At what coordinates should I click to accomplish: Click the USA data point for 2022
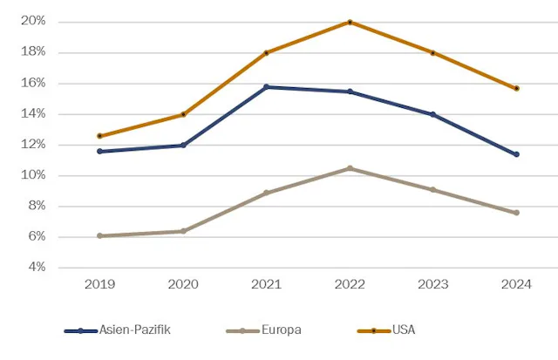click(350, 22)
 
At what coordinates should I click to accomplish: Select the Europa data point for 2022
click(350, 168)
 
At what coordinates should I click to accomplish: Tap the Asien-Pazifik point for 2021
click(266, 87)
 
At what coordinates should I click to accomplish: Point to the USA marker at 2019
click(99, 136)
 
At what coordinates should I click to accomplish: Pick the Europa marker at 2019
click(99, 235)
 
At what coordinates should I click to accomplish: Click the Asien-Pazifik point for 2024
click(517, 154)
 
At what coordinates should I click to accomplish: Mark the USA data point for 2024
click(517, 88)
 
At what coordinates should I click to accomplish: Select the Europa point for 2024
click(517, 213)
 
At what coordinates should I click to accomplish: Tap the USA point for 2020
click(183, 114)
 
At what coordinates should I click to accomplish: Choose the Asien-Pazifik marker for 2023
click(433, 114)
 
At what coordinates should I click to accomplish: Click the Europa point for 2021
click(266, 193)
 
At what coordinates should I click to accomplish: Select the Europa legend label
click(282, 330)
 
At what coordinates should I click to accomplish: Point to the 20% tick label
click(33, 21)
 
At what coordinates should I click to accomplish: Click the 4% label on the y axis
click(36, 268)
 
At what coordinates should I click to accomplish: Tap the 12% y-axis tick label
click(33, 145)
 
